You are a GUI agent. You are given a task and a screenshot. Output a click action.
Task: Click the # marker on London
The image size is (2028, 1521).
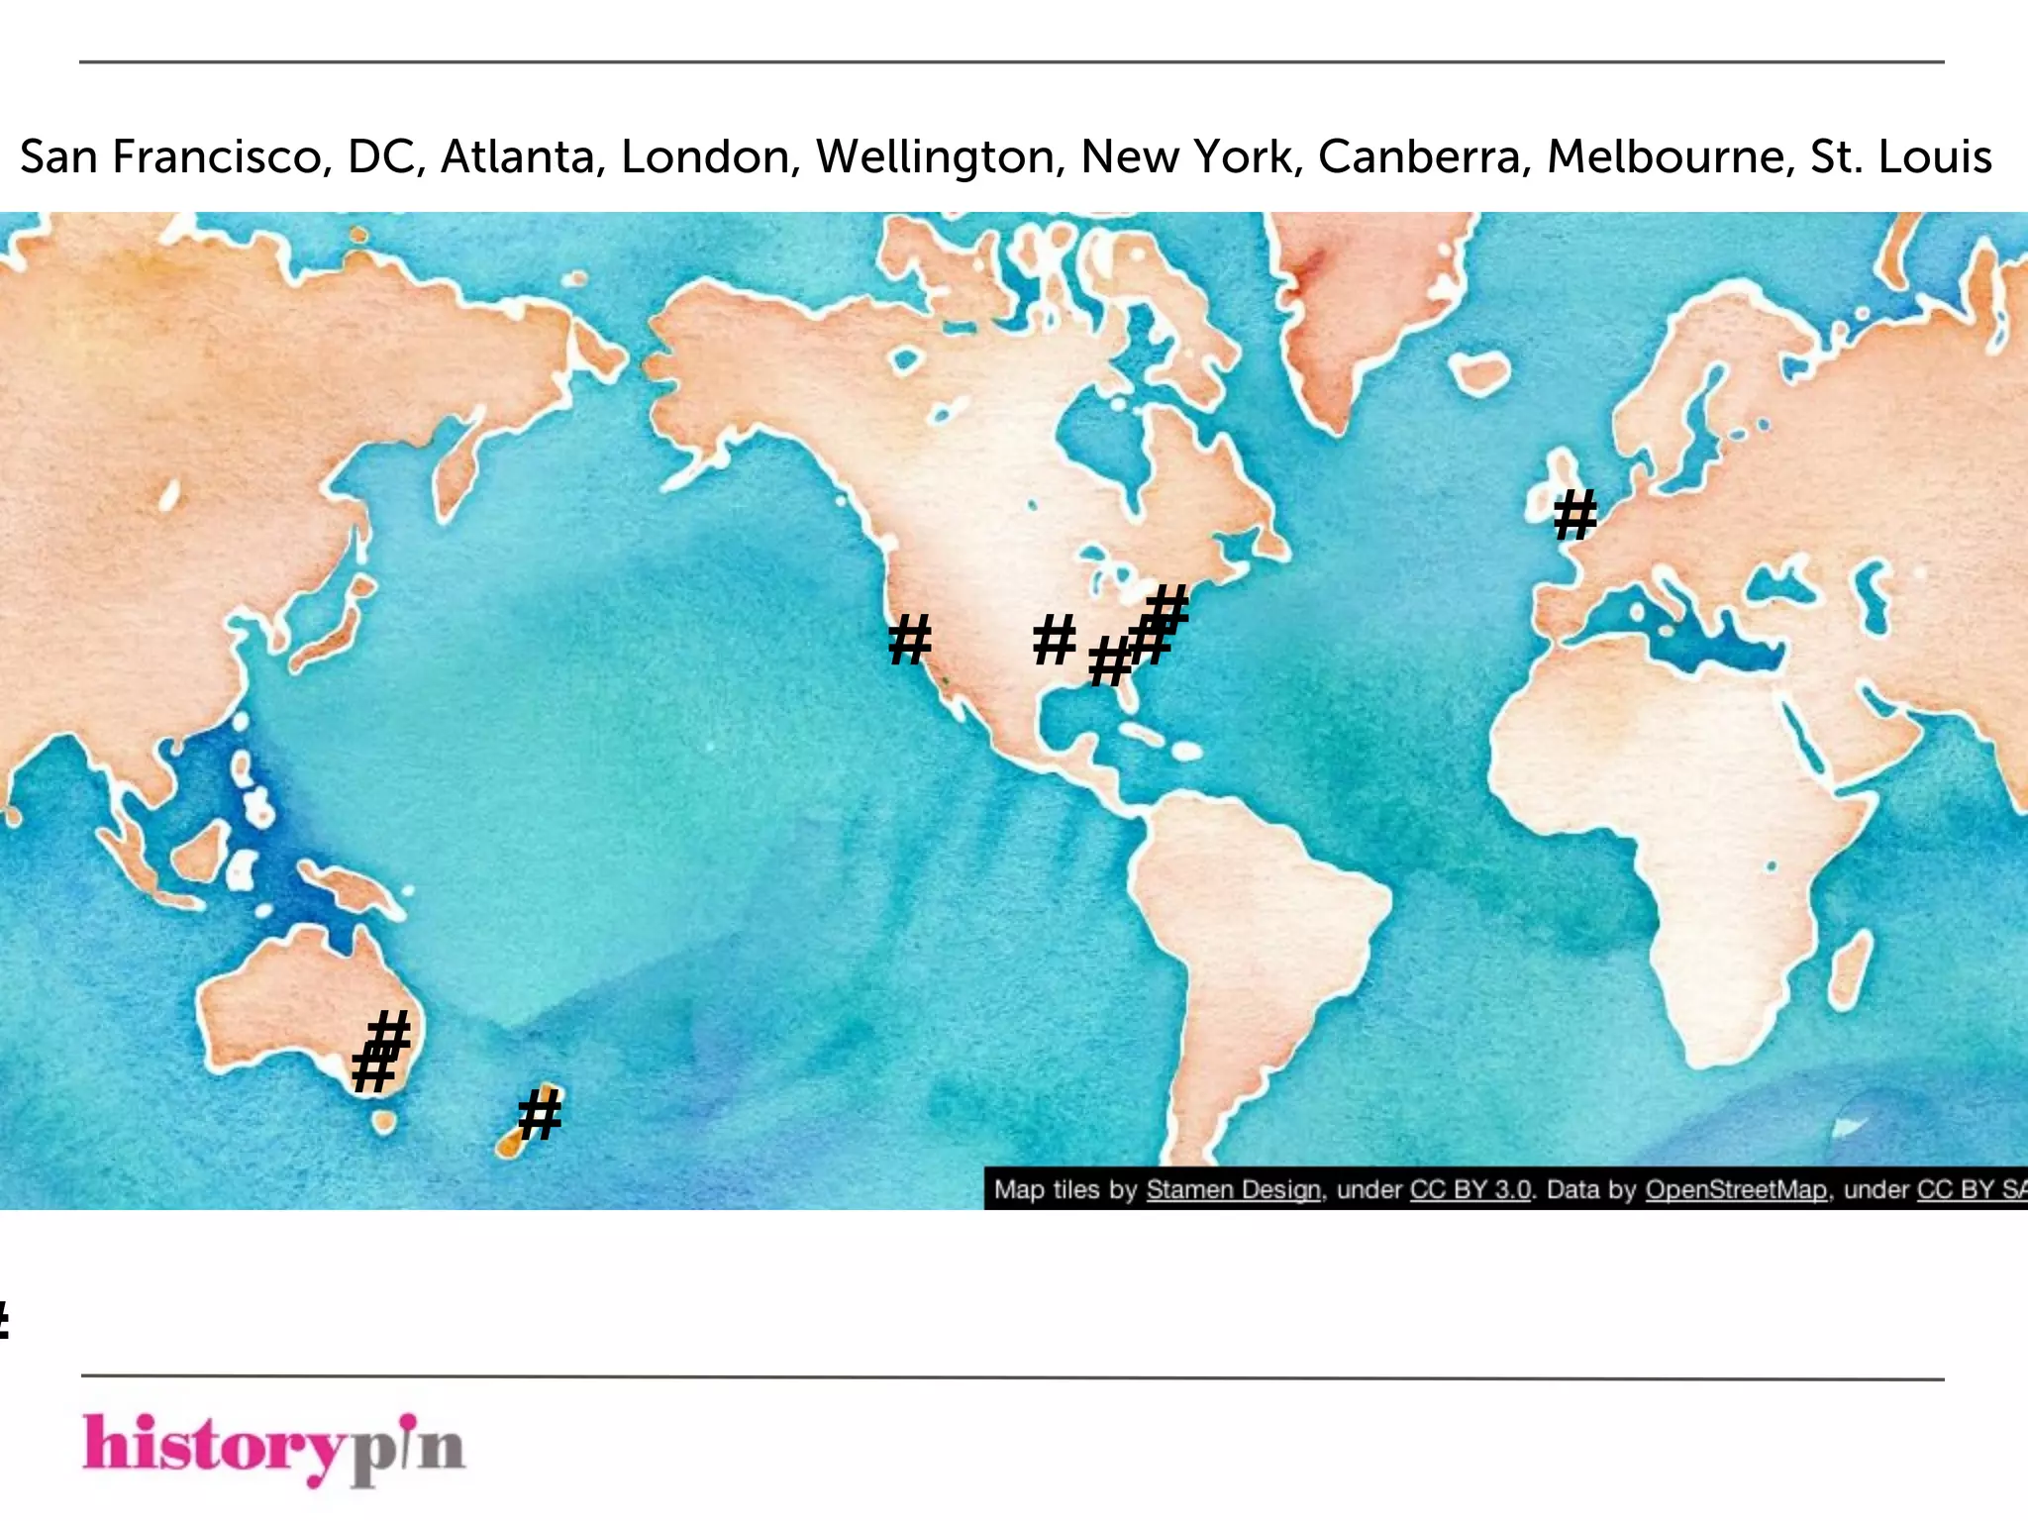click(x=1574, y=515)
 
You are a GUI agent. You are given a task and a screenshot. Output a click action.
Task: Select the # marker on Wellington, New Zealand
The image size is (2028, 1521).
click(x=541, y=1114)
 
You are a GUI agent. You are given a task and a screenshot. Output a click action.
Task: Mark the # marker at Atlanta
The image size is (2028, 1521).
click(x=1109, y=660)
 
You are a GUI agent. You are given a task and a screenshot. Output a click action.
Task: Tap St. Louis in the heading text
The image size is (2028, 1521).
click(x=1900, y=156)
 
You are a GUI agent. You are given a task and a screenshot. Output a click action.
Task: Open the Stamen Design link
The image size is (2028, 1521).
click(x=1233, y=1189)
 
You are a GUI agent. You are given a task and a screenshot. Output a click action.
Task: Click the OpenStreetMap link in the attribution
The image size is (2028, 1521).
click(x=1736, y=1189)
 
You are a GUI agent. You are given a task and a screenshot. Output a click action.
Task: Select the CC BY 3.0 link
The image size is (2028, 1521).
click(x=1470, y=1189)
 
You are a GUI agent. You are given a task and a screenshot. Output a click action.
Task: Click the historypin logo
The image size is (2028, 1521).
click(x=273, y=1448)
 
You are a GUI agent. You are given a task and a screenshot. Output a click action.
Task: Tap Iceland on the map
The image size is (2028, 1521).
click(x=1480, y=374)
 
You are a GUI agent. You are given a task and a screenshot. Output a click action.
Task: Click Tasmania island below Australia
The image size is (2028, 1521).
click(x=383, y=1122)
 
